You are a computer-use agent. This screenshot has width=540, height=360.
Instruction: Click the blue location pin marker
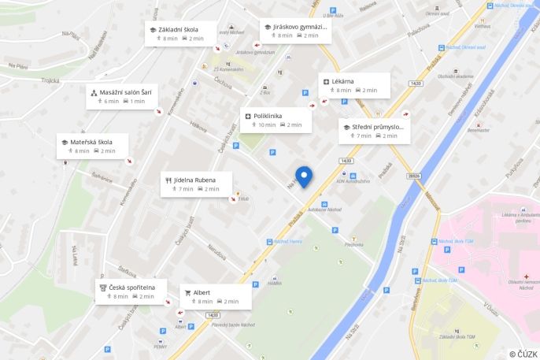[x=303, y=177]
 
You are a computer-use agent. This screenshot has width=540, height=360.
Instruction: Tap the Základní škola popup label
[x=177, y=30]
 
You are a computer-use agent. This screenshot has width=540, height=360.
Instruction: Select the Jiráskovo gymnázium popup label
[x=299, y=27]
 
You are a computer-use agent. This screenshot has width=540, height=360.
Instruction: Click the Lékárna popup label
[x=343, y=81]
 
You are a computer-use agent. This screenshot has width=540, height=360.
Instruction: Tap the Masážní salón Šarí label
[x=125, y=92]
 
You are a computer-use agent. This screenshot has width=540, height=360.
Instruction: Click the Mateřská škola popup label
[x=91, y=142]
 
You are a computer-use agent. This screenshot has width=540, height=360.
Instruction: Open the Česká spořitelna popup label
[x=132, y=288]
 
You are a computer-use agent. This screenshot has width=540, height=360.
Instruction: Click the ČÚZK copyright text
[x=523, y=354]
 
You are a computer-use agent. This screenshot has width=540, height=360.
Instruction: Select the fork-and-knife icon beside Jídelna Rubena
[x=168, y=180]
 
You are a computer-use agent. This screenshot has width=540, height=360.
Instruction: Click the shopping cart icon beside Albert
[x=188, y=292]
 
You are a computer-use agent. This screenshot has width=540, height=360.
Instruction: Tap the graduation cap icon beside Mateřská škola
[x=65, y=142]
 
